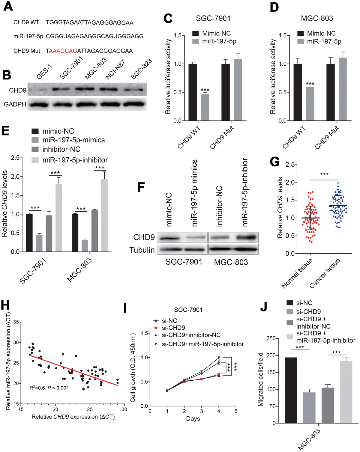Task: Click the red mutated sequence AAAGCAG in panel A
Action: (x=63, y=51)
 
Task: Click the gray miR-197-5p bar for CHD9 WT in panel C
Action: (x=205, y=107)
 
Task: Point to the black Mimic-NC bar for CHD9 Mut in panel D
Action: (x=331, y=92)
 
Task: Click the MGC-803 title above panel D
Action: (x=317, y=19)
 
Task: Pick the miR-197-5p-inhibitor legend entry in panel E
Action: (x=75, y=160)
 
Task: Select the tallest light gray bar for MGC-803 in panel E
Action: (x=104, y=215)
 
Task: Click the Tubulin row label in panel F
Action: (x=142, y=250)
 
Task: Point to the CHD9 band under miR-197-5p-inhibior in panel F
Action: (x=246, y=237)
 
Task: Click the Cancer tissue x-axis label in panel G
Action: (x=325, y=273)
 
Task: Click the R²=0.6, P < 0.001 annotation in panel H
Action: (x=49, y=388)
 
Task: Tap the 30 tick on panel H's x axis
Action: (x=124, y=409)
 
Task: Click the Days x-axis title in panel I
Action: (x=193, y=419)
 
